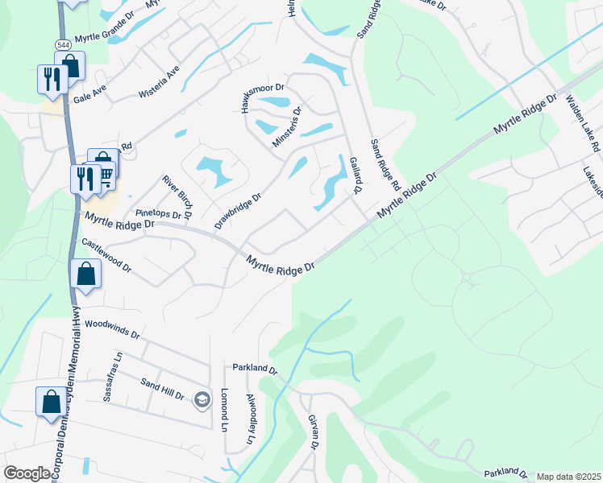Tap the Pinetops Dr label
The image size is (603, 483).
[x=157, y=213]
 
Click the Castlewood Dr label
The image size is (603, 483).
[x=106, y=254]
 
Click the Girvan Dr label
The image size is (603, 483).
[x=314, y=433]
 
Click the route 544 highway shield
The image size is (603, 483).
[x=62, y=43]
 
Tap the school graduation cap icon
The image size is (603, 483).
[x=202, y=400]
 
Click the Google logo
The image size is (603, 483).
[x=27, y=473]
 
